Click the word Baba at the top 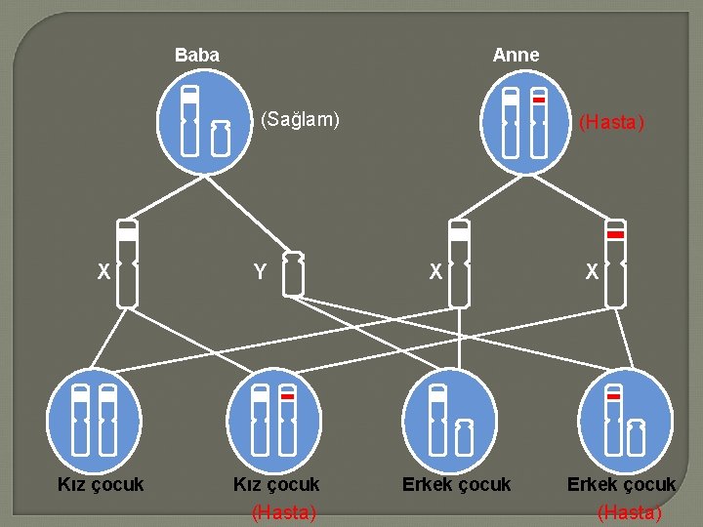197,56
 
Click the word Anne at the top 516,56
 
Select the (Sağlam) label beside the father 300,120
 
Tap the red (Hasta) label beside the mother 611,123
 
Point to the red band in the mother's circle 538,100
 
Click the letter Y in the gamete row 260,273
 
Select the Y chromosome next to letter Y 292,273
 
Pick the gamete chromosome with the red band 615,263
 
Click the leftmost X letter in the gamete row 103,273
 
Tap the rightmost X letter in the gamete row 592,273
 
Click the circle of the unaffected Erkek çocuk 451,420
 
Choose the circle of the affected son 626,420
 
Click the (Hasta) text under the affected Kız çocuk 284,512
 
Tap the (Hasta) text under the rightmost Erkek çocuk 629,512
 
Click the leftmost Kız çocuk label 101,484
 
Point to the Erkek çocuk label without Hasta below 456,484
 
